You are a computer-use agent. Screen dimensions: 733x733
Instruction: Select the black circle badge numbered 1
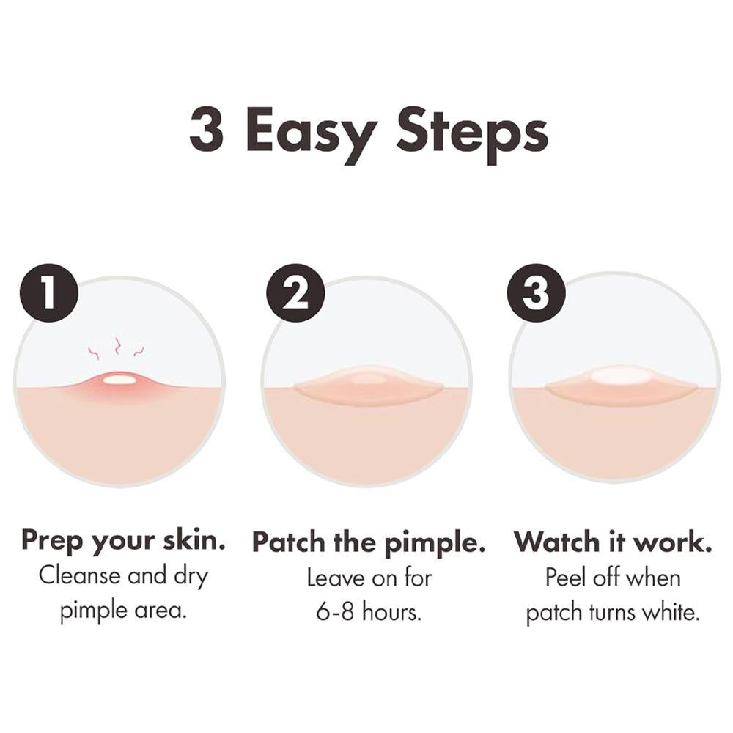48,293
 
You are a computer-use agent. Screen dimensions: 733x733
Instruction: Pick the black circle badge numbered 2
295,293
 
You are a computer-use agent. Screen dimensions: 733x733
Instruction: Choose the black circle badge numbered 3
537,293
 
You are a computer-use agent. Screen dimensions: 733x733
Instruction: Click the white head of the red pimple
119,380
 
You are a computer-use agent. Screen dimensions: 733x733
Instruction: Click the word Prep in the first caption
51,542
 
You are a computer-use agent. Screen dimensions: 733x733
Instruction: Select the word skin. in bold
194,540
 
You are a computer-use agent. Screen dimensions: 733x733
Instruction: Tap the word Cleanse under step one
79,575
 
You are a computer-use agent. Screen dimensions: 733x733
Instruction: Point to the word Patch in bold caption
288,542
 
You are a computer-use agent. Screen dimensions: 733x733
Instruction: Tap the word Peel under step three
566,578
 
